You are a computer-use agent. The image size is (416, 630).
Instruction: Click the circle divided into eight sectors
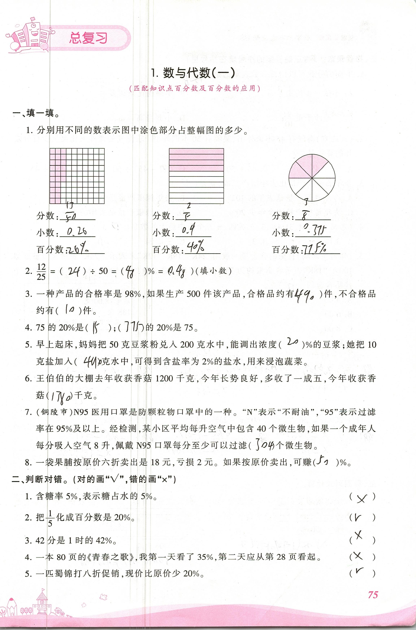point(312,178)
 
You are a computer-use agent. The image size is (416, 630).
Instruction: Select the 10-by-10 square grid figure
point(77,176)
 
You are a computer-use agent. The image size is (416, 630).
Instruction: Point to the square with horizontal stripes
point(196,176)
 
